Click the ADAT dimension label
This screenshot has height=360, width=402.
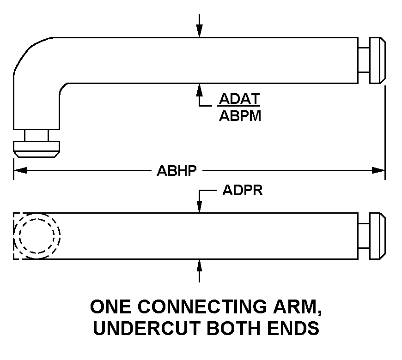pos(239,99)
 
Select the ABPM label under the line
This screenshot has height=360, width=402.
pos(240,116)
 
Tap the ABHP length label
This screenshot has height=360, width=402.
pos(177,171)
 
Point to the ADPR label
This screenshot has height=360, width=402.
pos(242,191)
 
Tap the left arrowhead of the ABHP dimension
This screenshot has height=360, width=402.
pos(18,171)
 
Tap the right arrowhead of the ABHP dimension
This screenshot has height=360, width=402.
pos(380,171)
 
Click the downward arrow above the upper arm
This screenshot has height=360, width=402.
pos(199,30)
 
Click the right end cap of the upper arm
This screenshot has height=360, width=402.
pos(378,60)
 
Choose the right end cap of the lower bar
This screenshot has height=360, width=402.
pos(378,236)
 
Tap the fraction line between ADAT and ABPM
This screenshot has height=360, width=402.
pos(239,108)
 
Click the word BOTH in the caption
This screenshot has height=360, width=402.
pos(233,328)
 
